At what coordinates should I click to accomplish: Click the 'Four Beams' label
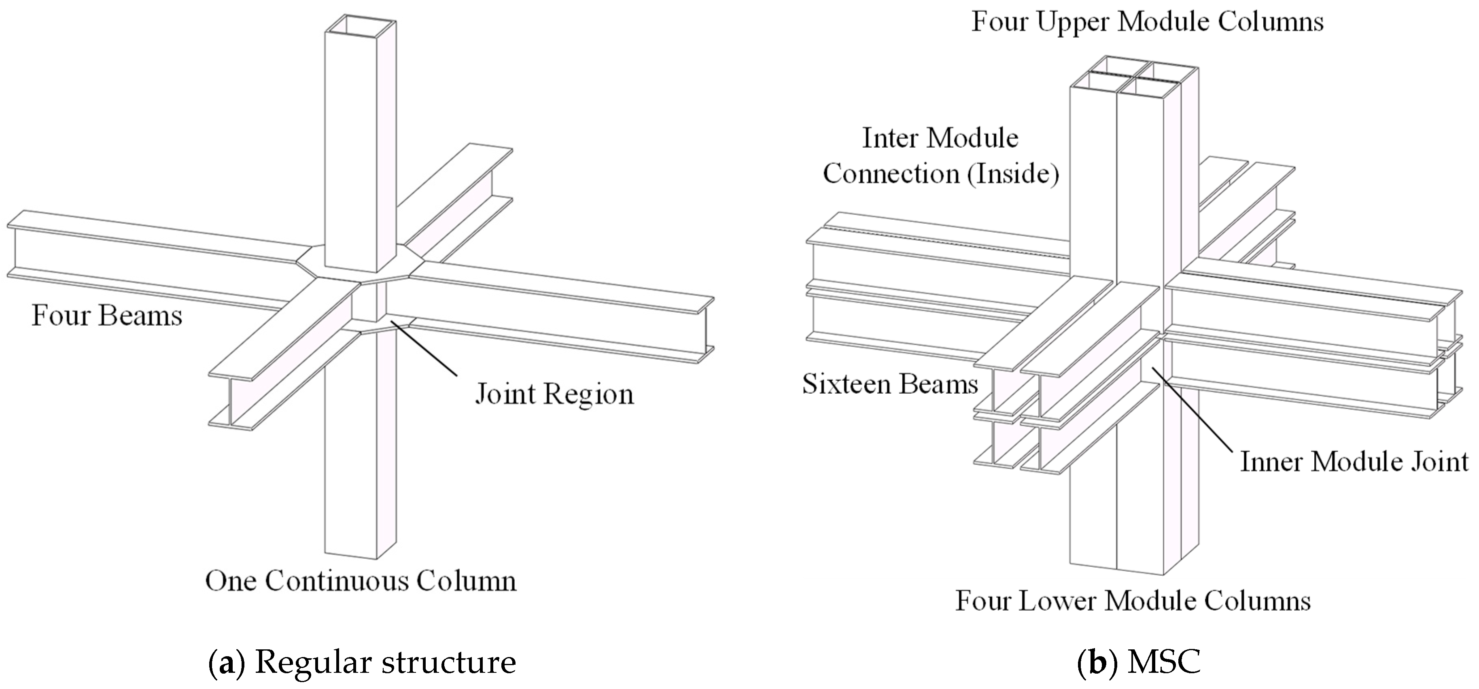coord(107,316)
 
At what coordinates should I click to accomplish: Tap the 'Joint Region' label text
coord(554,394)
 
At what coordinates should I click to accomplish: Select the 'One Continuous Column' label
coord(361,581)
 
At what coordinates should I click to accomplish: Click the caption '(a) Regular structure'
coord(362,662)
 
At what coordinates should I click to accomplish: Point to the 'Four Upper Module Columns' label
coord(1147,22)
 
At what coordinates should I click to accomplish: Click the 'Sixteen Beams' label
coord(890,384)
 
